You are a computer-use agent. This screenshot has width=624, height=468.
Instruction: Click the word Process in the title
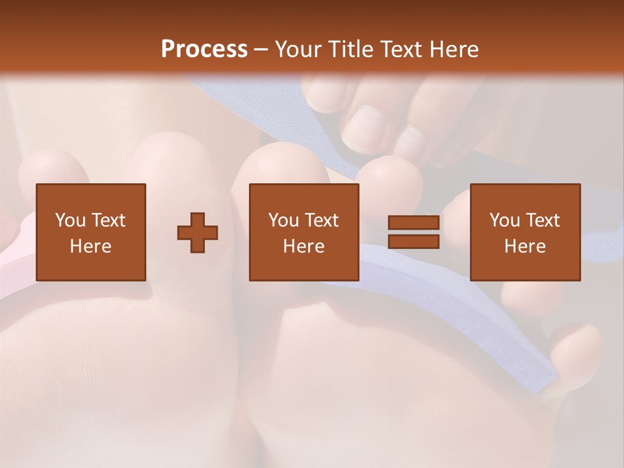pyautogui.click(x=204, y=49)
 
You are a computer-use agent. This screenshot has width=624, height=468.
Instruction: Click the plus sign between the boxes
pyautogui.click(x=198, y=233)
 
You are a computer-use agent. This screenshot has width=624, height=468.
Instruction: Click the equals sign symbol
pyautogui.click(x=413, y=232)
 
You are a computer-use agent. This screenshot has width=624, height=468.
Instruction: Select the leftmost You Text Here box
pyautogui.click(x=91, y=232)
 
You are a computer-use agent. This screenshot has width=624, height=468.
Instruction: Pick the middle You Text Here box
pyautogui.click(x=304, y=232)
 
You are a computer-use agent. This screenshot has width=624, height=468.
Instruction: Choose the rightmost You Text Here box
pyautogui.click(x=525, y=232)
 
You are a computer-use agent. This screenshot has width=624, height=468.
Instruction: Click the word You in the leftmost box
pyautogui.click(x=70, y=220)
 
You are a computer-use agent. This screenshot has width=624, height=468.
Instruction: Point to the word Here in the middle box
pyautogui.click(x=304, y=246)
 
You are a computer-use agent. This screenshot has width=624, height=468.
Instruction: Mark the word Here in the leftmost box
pyautogui.click(x=91, y=246)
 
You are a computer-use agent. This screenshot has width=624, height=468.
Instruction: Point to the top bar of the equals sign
pyautogui.click(x=413, y=223)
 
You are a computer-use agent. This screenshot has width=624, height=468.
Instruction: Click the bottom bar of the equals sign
pyautogui.click(x=413, y=241)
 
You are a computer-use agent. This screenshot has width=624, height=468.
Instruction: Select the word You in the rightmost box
pyautogui.click(x=504, y=220)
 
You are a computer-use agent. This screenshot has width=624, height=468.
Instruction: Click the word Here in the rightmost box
pyautogui.click(x=525, y=246)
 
